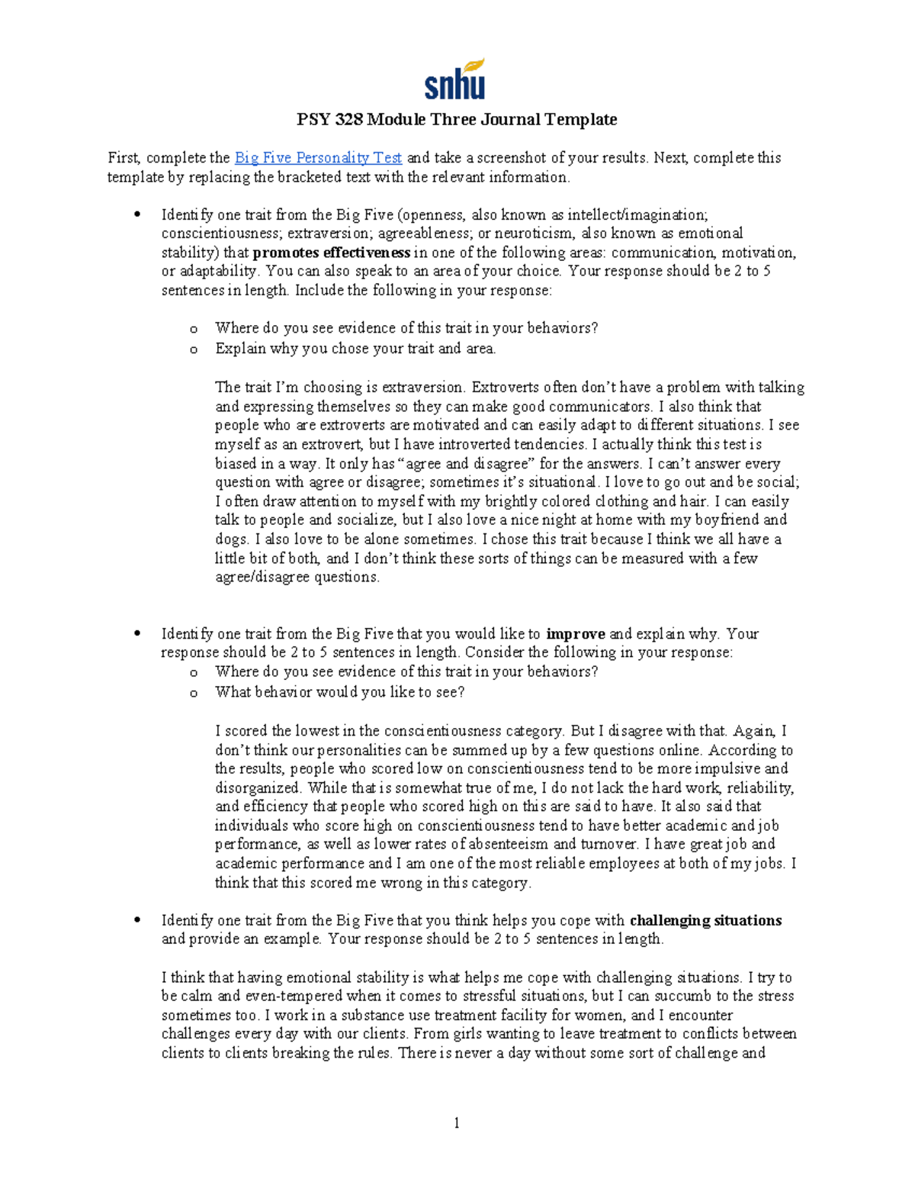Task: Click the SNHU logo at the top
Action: (x=455, y=80)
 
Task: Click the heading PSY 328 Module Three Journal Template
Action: (x=456, y=120)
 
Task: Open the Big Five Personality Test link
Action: (x=318, y=158)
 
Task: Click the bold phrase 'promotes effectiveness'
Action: (x=331, y=253)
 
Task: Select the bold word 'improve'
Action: (x=576, y=634)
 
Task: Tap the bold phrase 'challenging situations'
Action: (x=705, y=921)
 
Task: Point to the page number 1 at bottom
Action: (x=456, y=1122)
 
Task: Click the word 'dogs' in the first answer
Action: (x=231, y=539)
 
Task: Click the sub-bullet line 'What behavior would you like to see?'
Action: (x=339, y=693)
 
